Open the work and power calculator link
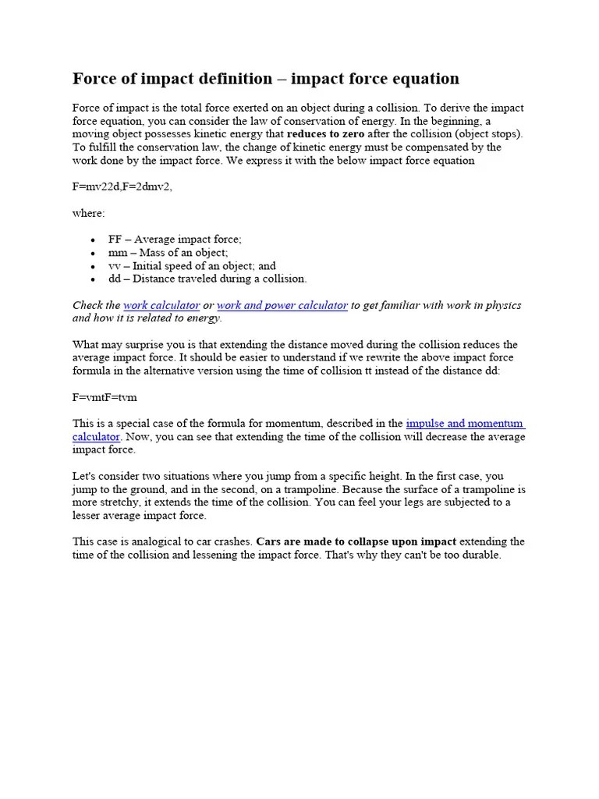tap(282, 306)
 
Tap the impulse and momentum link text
tap(465, 424)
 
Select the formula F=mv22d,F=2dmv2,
tap(122, 186)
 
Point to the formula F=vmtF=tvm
tap(105, 397)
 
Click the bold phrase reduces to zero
tap(325, 134)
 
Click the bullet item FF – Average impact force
tap(175, 240)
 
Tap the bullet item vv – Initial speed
tap(192, 266)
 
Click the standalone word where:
tap(89, 213)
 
